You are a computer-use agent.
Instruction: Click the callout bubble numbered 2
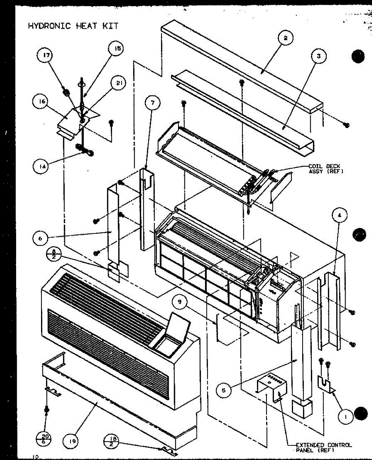286,38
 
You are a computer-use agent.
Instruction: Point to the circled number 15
117,48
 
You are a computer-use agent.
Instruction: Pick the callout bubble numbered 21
119,83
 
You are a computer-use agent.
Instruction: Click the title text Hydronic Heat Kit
73,26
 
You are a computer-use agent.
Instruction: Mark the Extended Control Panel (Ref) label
323,447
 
